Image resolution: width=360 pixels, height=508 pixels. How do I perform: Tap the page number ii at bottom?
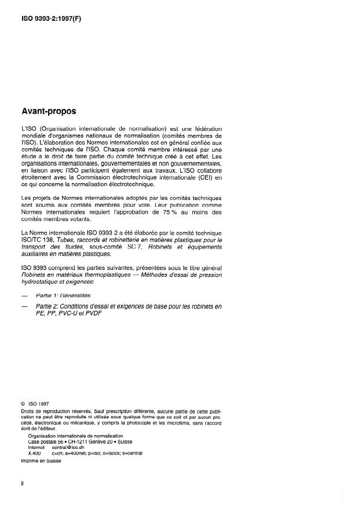tap(22, 496)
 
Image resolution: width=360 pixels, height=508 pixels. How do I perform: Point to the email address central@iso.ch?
tap(68, 447)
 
